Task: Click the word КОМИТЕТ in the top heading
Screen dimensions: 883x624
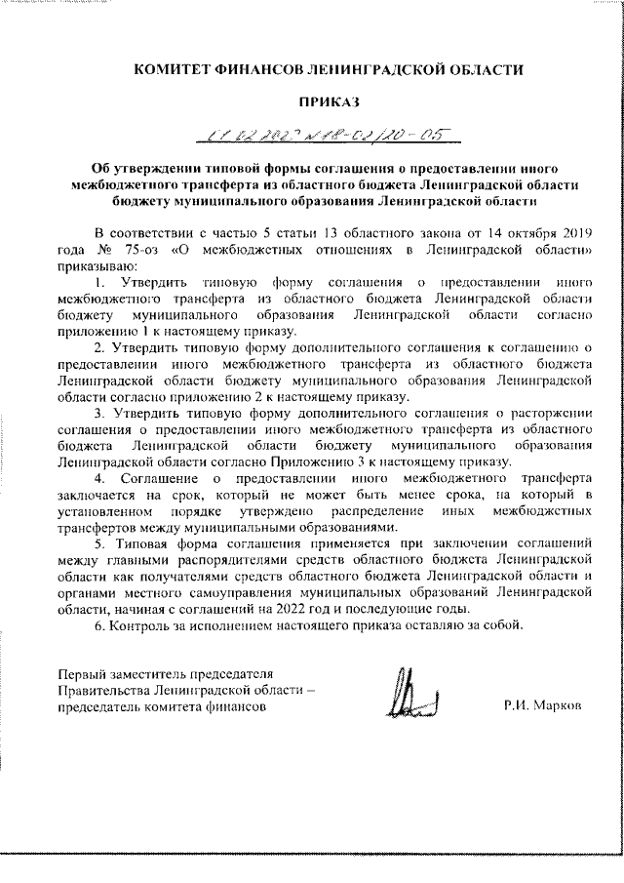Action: [176, 69]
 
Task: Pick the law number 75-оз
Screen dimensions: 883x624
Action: [145, 249]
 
